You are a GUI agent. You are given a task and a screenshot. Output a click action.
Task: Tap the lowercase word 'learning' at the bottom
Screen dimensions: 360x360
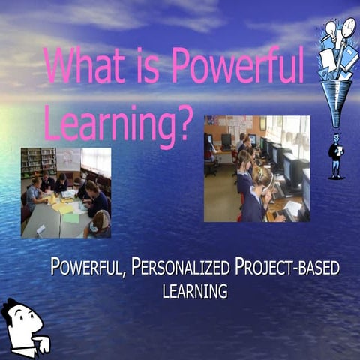194,290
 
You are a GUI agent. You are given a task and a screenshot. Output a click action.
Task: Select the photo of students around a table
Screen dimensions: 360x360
66,193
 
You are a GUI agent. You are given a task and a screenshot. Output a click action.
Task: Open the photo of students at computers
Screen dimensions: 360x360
256,168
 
